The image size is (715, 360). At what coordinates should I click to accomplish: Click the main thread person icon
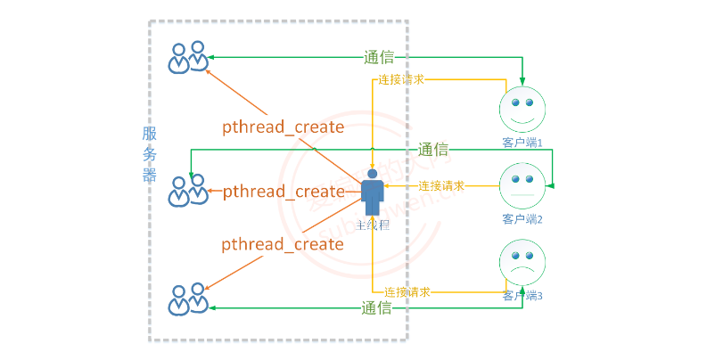pos(373,192)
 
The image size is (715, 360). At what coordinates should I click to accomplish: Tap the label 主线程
pos(373,225)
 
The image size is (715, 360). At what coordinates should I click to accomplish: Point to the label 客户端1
pos(522,142)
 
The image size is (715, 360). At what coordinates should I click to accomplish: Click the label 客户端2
pos(522,218)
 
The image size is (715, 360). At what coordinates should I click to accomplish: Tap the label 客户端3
pos(522,295)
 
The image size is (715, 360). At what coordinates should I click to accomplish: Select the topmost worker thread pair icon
pos(189,58)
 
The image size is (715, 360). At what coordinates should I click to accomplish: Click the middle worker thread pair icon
pos(189,191)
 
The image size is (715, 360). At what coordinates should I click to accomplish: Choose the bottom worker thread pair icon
pos(189,299)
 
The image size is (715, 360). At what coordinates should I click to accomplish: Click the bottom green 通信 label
pos(377,308)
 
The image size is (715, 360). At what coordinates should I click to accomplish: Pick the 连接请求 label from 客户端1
pos(400,80)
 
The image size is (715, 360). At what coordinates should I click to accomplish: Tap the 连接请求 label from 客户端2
pos(441,186)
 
